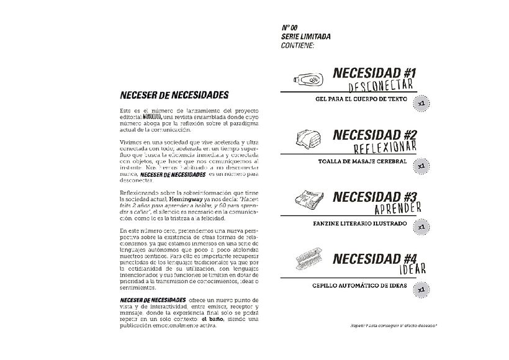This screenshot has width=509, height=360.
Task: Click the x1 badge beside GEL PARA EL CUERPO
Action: [421, 101]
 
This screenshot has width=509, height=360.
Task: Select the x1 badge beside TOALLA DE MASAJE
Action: [421, 164]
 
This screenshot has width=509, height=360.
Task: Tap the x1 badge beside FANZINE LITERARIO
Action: [421, 227]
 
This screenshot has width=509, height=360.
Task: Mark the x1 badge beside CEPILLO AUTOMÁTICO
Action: [421, 288]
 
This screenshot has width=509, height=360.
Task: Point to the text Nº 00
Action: [291, 29]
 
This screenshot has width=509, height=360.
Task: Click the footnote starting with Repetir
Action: [384, 324]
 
